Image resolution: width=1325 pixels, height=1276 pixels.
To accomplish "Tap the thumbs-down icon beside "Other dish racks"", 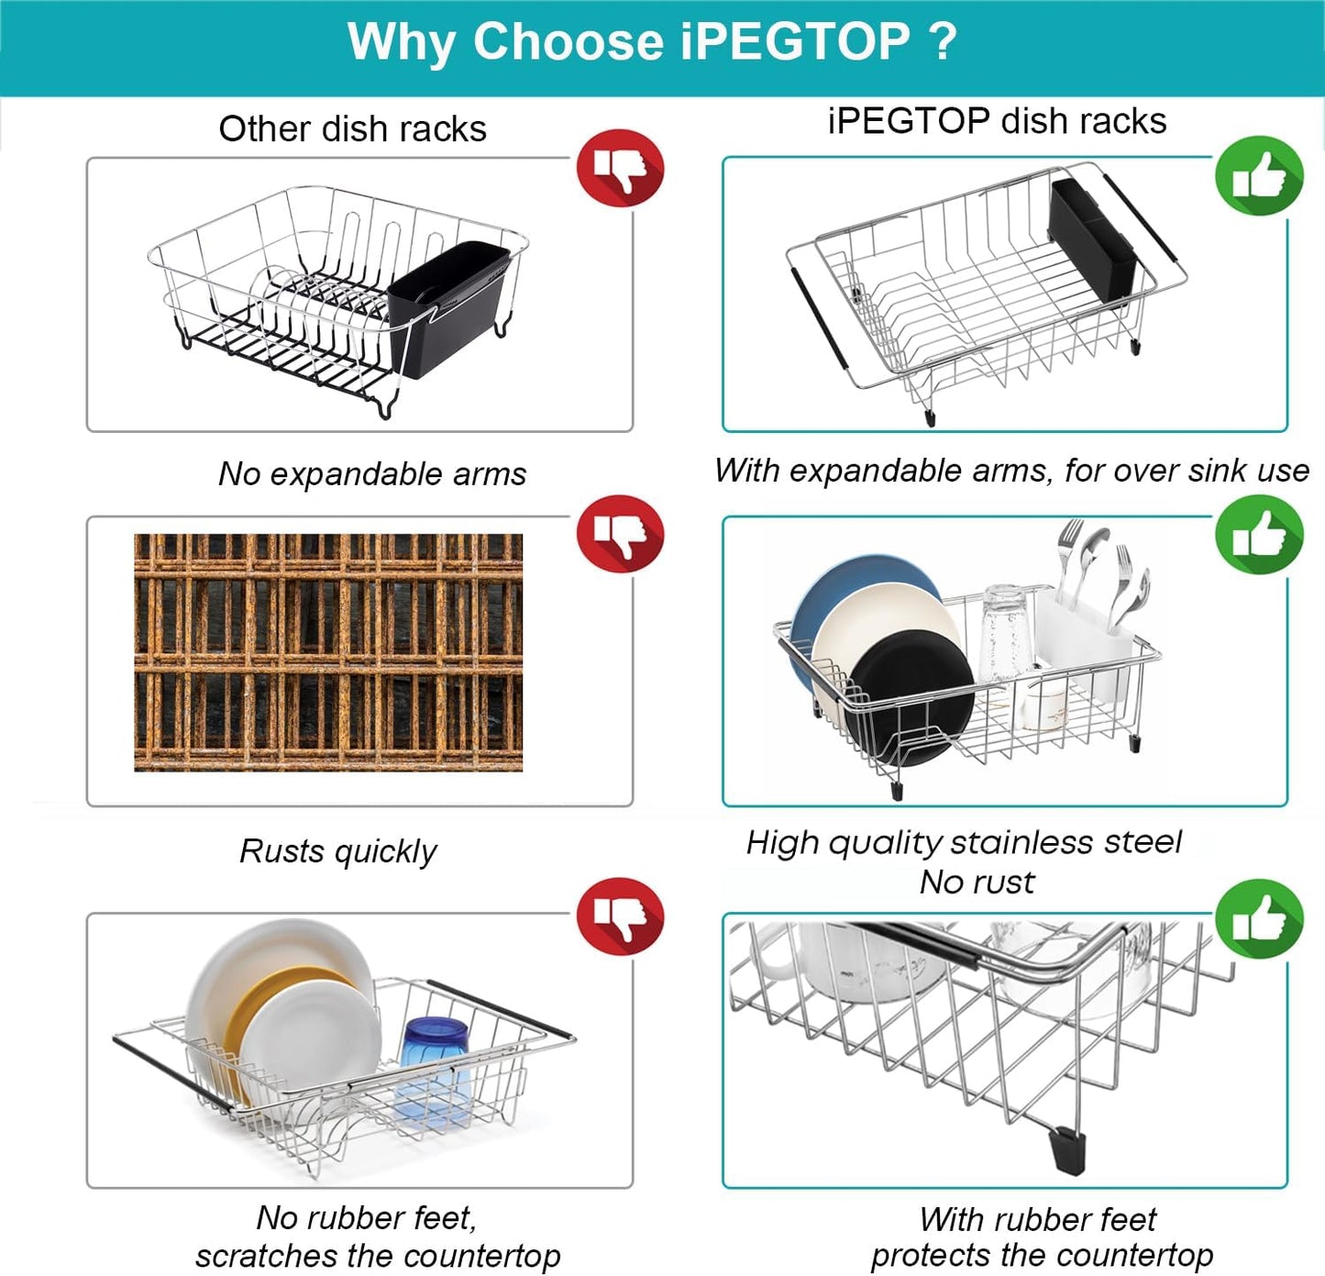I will pyautogui.click(x=620, y=168).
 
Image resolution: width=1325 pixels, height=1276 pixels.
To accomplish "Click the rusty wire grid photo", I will pyautogui.click(x=328, y=652).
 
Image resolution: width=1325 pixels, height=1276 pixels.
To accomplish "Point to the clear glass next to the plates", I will pyautogui.click(x=1004, y=633).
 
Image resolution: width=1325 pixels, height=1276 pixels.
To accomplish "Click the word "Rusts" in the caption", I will pyautogui.click(x=282, y=851).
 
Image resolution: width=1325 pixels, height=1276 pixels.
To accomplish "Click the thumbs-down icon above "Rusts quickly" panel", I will pyautogui.click(x=620, y=534).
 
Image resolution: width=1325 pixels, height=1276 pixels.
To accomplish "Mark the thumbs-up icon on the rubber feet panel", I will pyautogui.click(x=1259, y=919).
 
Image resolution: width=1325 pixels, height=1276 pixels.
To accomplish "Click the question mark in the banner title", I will pyautogui.click(x=942, y=42).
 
